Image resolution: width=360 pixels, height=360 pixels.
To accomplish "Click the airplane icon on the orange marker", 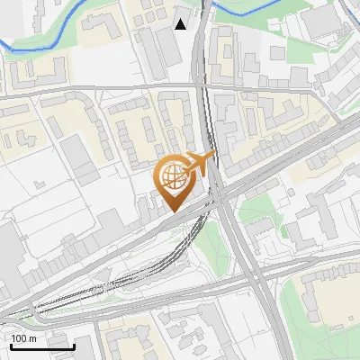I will click(199, 163).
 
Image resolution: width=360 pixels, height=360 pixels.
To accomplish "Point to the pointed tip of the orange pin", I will click(172, 211).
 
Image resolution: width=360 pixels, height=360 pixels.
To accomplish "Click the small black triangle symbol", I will click(181, 23).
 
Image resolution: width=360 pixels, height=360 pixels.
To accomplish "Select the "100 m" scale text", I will click(24, 338).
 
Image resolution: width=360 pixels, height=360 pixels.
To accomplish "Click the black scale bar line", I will click(42, 346).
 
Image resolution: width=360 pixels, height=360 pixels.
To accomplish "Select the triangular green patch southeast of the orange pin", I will click(210, 236).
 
